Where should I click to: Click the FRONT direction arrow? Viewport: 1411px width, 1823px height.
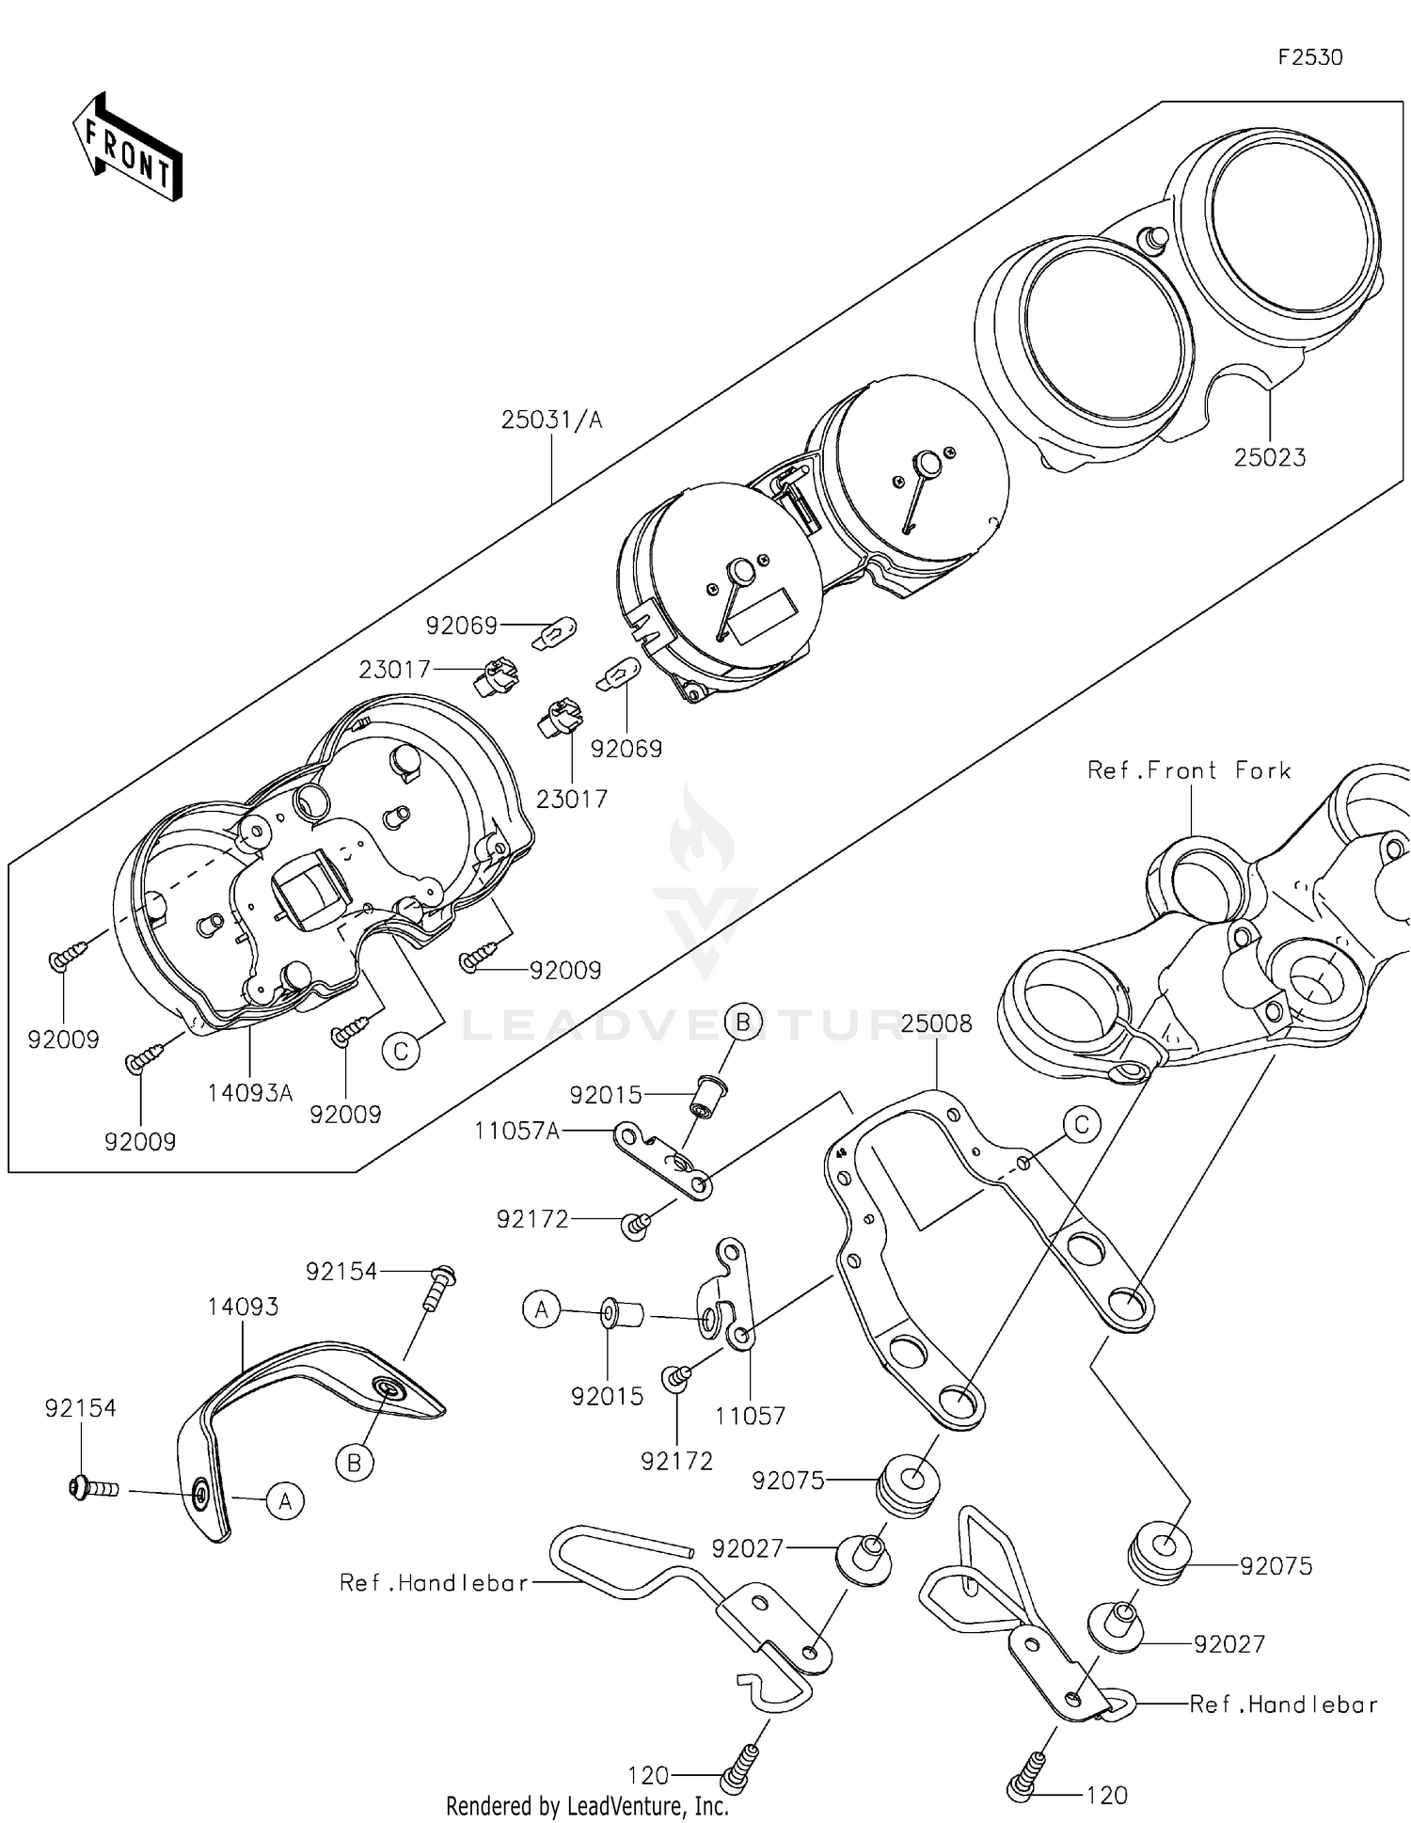click(127, 148)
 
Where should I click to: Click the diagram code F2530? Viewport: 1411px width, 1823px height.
click(1310, 57)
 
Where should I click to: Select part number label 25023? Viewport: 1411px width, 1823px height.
click(1270, 458)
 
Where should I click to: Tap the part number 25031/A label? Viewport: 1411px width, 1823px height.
click(551, 420)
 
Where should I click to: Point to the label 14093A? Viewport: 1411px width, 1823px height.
click(250, 1092)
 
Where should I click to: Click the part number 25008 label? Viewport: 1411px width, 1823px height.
click(936, 1023)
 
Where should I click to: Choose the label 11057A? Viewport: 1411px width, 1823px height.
click(516, 1131)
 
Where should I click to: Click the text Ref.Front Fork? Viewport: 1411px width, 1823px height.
click(1189, 770)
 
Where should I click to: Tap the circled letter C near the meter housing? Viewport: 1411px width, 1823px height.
click(401, 1051)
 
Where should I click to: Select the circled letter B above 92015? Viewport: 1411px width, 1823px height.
click(742, 1022)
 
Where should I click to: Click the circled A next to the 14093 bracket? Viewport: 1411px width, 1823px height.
click(285, 1501)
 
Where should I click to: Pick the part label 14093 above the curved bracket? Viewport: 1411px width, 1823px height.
click(244, 1307)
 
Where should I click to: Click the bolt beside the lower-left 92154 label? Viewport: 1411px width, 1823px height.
click(94, 1489)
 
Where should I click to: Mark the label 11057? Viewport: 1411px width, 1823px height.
click(750, 1415)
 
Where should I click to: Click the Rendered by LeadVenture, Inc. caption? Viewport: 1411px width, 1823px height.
click(587, 1806)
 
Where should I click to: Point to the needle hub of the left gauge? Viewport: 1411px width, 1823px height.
click(740, 572)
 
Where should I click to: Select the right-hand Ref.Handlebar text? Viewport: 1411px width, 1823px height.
click(1283, 1704)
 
